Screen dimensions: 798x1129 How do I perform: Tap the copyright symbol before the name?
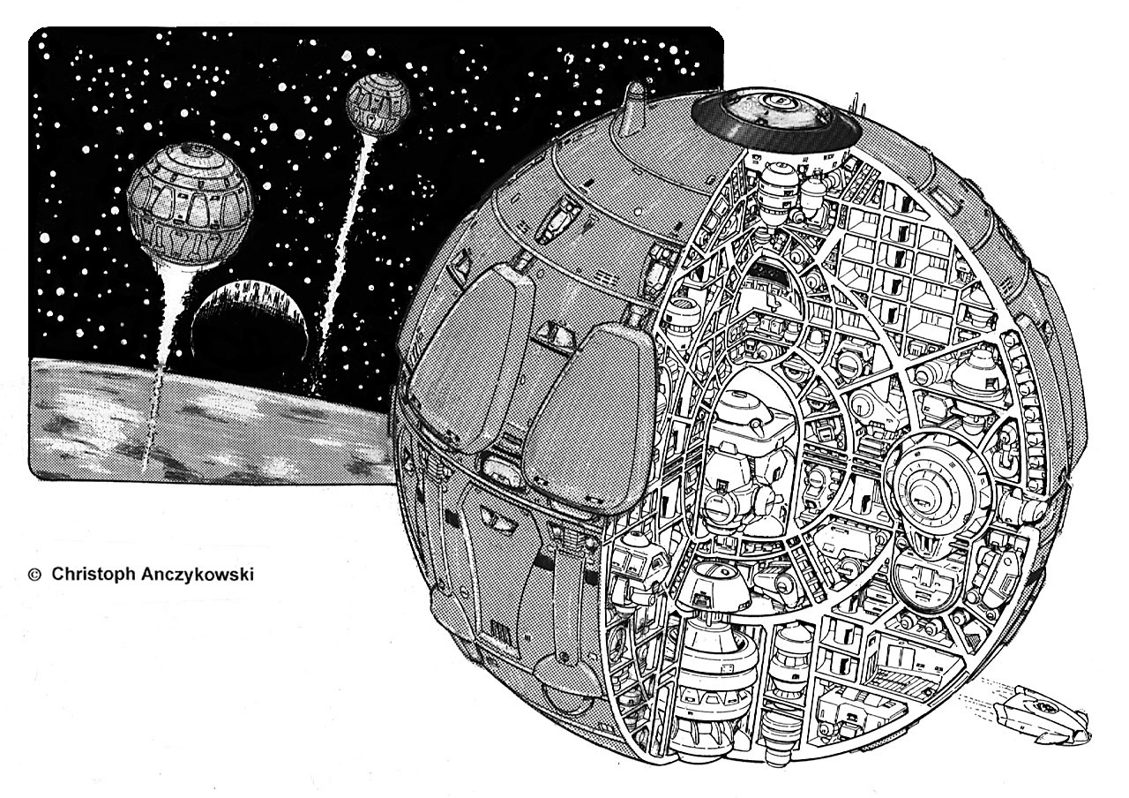tap(34, 574)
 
